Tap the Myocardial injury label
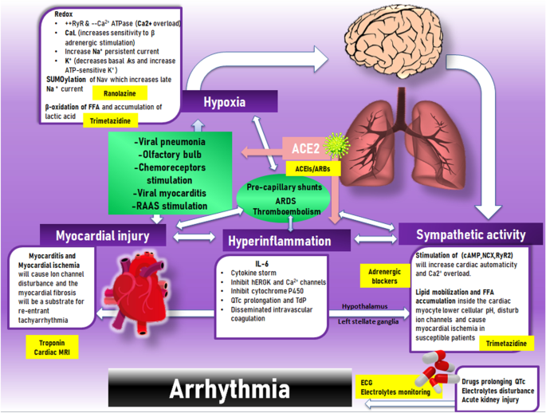coord(103,235)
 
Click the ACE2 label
coord(304,148)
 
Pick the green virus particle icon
coord(337,146)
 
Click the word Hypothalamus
coord(364,305)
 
